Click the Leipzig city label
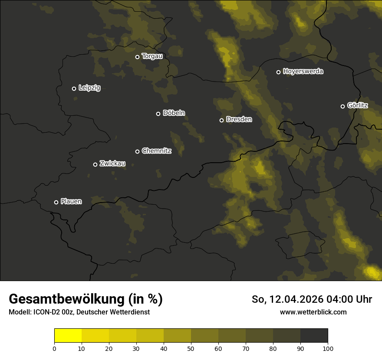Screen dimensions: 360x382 pos(89,88)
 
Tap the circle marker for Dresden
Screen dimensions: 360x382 pos(221,120)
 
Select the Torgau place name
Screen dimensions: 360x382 pos(152,56)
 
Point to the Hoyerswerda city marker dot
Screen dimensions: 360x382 pos(279,72)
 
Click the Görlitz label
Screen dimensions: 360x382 pos(358,105)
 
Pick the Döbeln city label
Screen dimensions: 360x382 pos(174,113)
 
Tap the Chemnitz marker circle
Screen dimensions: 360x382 pos(138,151)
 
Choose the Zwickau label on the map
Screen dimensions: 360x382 pos(112,164)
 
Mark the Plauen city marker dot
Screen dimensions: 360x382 pos(56,202)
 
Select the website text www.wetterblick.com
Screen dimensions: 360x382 pos(313,312)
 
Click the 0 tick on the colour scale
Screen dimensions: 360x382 pos(54,348)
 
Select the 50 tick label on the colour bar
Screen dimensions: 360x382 pos(191,348)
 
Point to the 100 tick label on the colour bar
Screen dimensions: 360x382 pos(328,348)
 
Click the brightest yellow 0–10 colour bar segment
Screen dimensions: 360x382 pos(68,336)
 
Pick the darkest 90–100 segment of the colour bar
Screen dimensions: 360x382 pos(314,336)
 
